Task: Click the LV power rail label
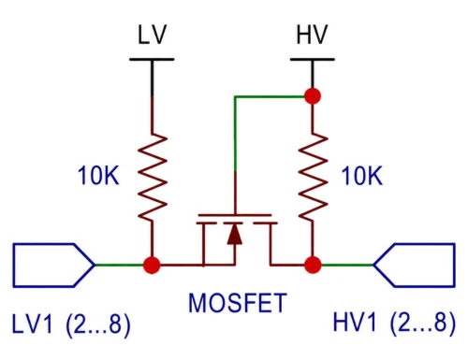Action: tap(152, 35)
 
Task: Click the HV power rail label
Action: tap(312, 35)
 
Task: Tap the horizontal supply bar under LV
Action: tap(152, 59)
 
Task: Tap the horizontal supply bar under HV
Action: tap(313, 59)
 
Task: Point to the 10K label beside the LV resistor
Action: tap(98, 176)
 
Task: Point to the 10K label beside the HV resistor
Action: tap(362, 176)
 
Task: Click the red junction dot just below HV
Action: tap(313, 96)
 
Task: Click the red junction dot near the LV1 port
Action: tap(152, 266)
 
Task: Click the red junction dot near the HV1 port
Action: tap(313, 266)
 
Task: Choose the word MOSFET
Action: tap(238, 303)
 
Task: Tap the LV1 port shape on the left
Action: tap(53, 266)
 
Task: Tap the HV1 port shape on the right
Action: tap(414, 266)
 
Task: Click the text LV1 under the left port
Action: tap(32, 324)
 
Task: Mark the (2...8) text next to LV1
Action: tap(98, 324)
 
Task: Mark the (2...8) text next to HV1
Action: tap(423, 324)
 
